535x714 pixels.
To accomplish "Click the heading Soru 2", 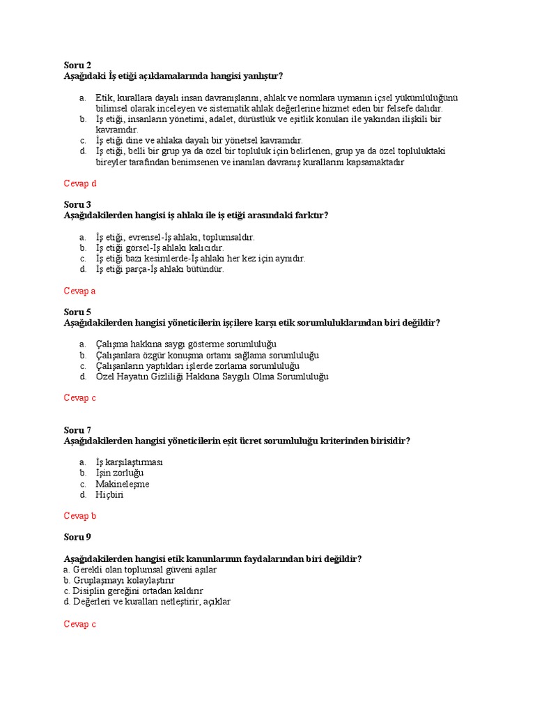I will tap(77, 65).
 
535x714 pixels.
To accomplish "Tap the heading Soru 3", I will tap(77, 204).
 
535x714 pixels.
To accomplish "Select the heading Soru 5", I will tap(77, 312).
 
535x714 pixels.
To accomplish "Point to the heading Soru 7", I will tap(77, 430).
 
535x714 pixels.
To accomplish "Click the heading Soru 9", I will tap(77, 537).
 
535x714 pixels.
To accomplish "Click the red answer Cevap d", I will tap(79, 183).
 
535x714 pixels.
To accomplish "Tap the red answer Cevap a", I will tap(79, 291).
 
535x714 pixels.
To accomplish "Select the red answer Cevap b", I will tap(79, 516).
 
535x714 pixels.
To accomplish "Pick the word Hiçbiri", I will tap(109, 495).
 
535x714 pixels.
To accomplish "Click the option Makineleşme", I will tap(122, 484).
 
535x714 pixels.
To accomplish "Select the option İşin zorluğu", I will tap(119, 473).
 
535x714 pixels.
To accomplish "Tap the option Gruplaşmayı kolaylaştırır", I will tap(119, 580).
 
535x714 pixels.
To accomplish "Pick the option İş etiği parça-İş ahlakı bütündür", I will tap(160, 269).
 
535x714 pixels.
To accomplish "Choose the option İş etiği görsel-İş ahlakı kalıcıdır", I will tap(160, 248).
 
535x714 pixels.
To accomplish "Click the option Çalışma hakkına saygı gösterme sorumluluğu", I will tap(186, 344).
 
